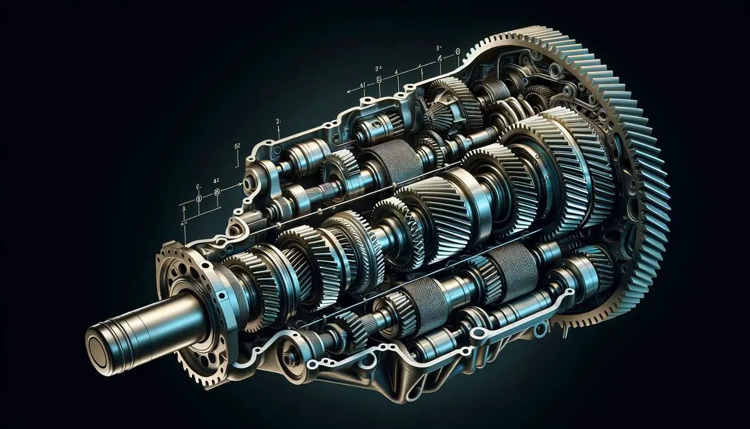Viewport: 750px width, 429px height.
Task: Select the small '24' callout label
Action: [378, 68]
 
